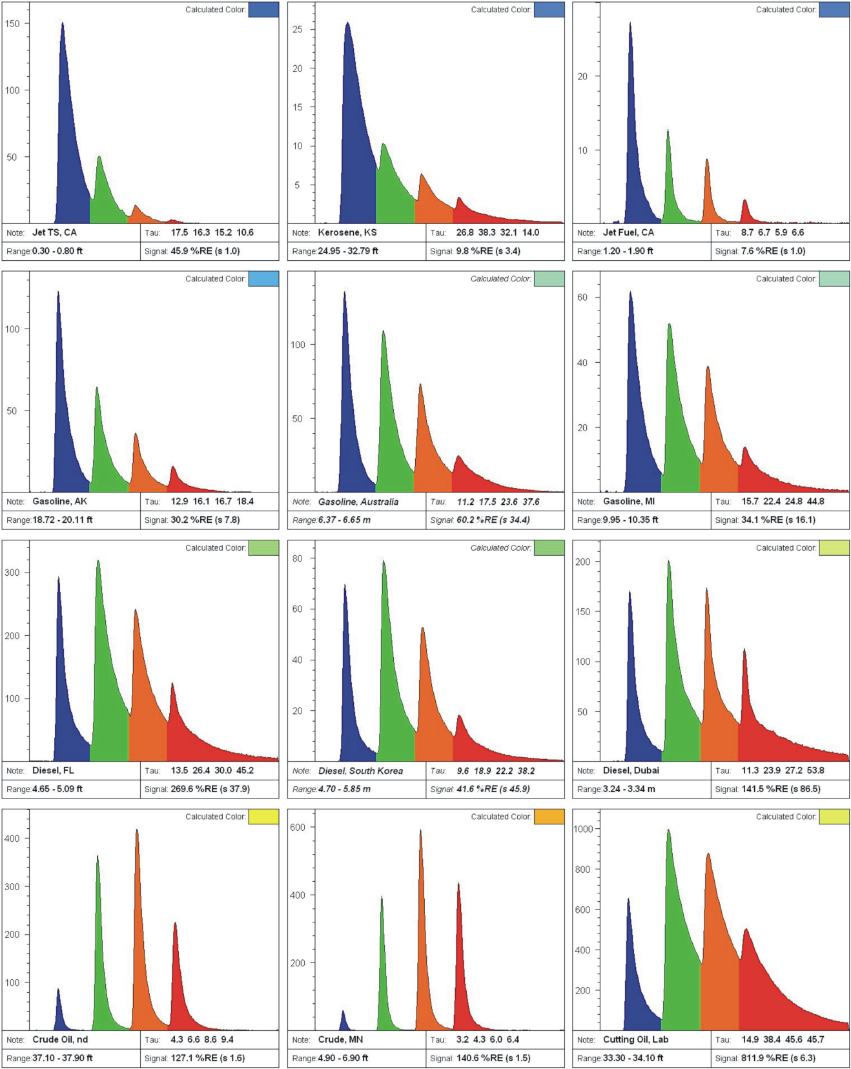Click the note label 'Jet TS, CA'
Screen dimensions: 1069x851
54,232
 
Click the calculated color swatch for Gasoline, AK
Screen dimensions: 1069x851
263,279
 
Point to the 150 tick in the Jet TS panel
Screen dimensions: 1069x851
12,24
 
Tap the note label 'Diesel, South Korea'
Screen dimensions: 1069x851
360,771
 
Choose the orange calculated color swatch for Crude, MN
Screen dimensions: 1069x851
549,817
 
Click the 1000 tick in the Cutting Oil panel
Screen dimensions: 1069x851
583,829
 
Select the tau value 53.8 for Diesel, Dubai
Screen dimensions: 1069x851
815,770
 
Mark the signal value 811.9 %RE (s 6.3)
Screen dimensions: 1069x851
778,1058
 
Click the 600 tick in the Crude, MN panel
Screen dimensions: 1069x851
298,828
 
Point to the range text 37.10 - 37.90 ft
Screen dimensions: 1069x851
62,1058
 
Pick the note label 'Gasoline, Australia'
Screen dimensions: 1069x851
358,502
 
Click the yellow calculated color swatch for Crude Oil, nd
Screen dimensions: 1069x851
263,817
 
